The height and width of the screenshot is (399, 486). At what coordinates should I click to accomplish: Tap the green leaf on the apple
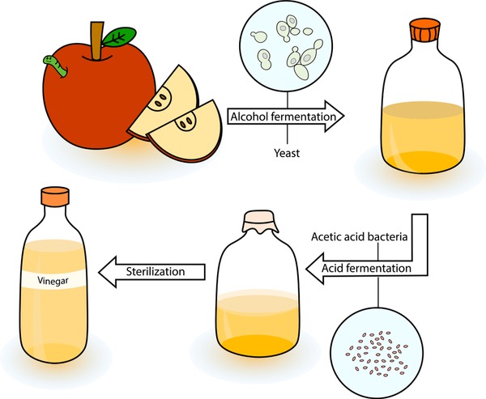point(119,37)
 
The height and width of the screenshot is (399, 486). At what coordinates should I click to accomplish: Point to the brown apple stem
point(97,40)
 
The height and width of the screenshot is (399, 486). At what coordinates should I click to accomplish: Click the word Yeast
point(287,153)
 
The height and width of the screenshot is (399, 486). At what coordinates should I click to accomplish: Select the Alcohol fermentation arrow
point(286,117)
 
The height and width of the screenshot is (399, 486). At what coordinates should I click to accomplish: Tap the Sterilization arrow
point(152,272)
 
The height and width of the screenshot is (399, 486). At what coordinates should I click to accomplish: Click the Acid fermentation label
point(366,268)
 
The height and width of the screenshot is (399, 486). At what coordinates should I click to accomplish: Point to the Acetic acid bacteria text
point(359,236)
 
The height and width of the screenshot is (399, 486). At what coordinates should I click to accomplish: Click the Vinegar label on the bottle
point(53,281)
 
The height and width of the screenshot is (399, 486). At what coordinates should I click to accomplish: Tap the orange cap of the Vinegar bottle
point(55,197)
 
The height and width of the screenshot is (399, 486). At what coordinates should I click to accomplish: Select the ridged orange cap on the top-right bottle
point(425,30)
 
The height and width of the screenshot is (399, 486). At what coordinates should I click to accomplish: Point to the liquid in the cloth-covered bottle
point(258,323)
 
